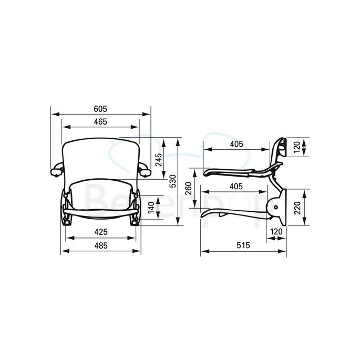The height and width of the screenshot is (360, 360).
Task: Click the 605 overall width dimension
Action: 100,109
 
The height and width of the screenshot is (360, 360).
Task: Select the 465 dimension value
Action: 100,122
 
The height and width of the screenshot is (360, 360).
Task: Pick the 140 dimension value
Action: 151,209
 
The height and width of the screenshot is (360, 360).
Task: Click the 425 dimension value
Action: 100,231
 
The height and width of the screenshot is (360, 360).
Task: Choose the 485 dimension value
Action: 100,244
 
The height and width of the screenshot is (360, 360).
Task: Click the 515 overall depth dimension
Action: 242,244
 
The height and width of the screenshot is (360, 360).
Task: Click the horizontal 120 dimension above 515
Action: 276,231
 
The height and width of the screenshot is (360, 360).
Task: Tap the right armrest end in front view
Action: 145,171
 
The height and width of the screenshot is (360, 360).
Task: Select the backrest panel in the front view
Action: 100,158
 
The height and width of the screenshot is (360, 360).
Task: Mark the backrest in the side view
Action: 279,150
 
